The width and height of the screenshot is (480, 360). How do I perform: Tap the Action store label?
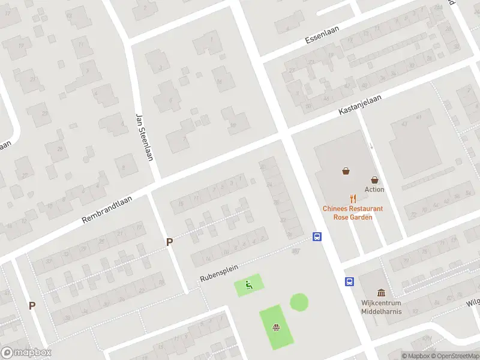(374, 190)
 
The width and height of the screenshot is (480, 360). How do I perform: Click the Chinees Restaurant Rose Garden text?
(353, 212)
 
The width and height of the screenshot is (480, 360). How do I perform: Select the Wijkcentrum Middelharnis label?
(381, 307)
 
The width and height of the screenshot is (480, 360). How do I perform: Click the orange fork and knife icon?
(353, 198)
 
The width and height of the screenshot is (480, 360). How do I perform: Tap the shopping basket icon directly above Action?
(374, 179)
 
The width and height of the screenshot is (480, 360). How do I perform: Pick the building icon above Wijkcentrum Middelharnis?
(381, 293)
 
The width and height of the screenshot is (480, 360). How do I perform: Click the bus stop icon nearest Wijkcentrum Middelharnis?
(349, 281)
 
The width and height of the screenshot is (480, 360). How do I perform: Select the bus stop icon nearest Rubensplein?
(316, 237)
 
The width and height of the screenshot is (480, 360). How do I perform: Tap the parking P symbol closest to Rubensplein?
(170, 242)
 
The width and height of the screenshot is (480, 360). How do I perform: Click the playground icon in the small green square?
(248, 285)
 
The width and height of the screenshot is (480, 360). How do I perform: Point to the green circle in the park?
(299, 302)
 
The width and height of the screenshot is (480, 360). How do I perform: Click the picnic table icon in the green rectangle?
(276, 328)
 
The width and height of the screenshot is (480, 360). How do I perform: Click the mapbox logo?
(26, 353)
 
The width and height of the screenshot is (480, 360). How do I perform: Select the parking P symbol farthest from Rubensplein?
(32, 305)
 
